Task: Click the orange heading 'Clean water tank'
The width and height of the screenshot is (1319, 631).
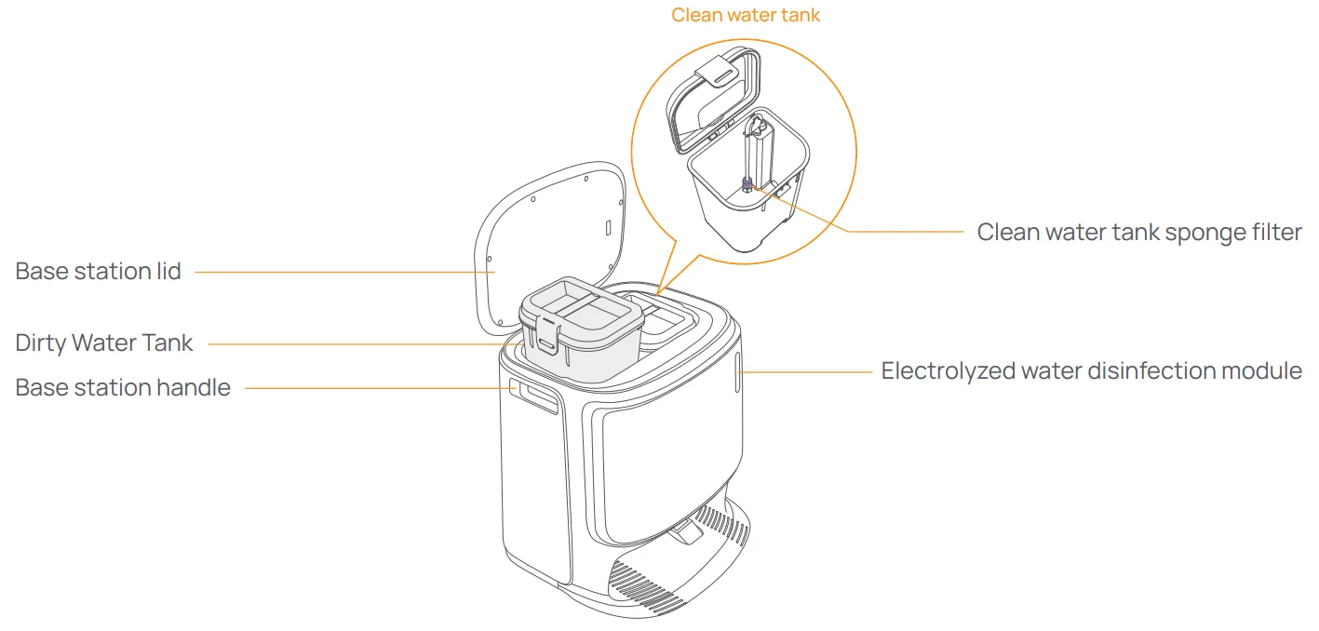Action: (x=746, y=15)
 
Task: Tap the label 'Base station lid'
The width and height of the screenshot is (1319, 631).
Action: (x=99, y=272)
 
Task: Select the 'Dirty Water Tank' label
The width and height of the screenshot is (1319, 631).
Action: (x=104, y=342)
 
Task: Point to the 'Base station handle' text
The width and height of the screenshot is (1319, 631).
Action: (x=123, y=387)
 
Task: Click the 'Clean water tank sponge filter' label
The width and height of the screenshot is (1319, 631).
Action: (x=1138, y=232)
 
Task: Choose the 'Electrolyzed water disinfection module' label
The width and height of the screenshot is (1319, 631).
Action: (x=1091, y=370)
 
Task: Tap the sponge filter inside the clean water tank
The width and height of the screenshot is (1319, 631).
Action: (x=747, y=183)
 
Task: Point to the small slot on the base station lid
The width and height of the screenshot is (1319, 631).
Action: (x=607, y=227)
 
